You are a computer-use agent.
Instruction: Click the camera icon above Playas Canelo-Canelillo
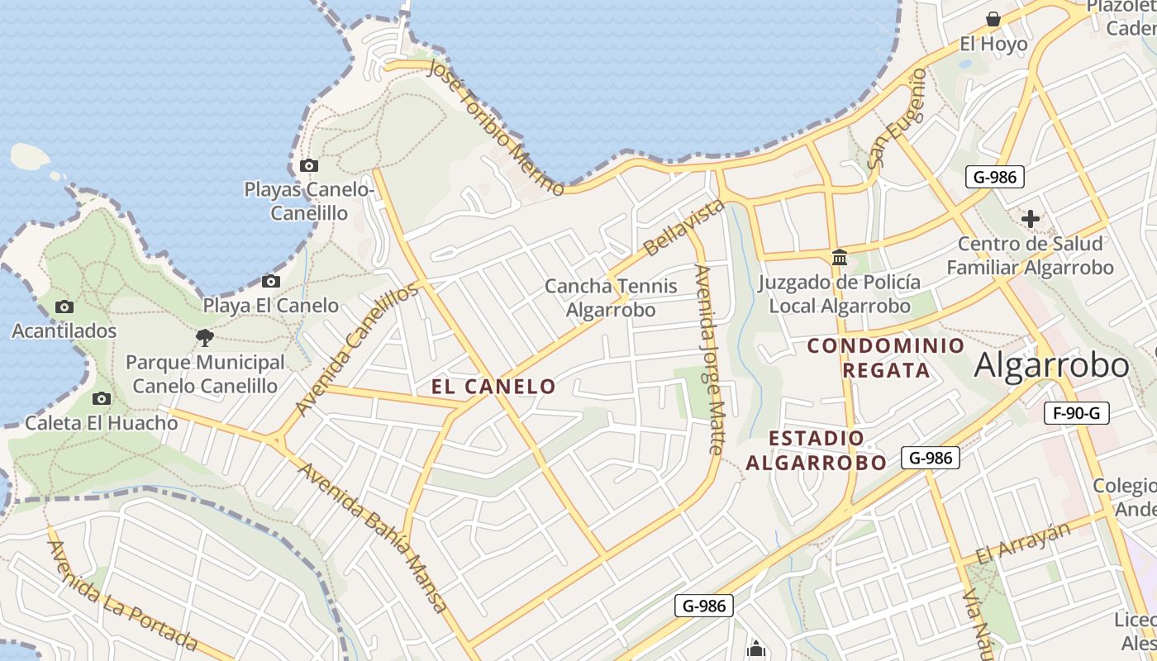pos(309,165)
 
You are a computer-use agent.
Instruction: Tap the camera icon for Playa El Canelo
pos(270,282)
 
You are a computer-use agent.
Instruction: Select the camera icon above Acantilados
pos(64,307)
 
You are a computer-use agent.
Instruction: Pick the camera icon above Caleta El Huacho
pos(101,399)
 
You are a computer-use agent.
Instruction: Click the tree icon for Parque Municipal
pos(205,337)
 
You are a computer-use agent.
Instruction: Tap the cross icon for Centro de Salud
pos(1030,219)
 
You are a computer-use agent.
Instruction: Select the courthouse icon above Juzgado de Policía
pos(840,257)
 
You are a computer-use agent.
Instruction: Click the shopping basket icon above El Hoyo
pos(993,18)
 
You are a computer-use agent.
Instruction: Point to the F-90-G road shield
pos(1076,413)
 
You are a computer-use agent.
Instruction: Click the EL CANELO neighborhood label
pos(493,386)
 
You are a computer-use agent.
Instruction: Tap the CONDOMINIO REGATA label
pos(886,357)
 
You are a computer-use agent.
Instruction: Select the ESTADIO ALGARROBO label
pos(817,450)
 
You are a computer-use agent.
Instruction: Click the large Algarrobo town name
pos(1051,364)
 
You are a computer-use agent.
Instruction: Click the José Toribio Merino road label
pos(496,127)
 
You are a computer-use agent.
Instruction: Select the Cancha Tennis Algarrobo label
pos(611,298)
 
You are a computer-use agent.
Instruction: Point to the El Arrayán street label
pos(1023,542)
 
